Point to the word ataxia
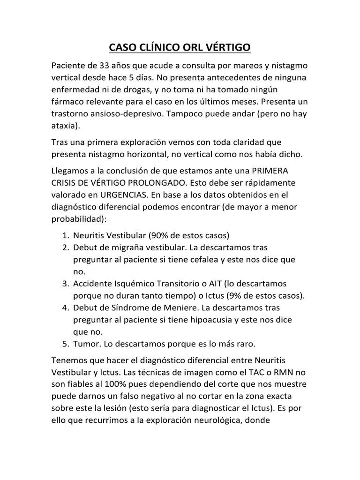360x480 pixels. pos(64,126)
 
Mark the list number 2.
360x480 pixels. pos(65,247)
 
